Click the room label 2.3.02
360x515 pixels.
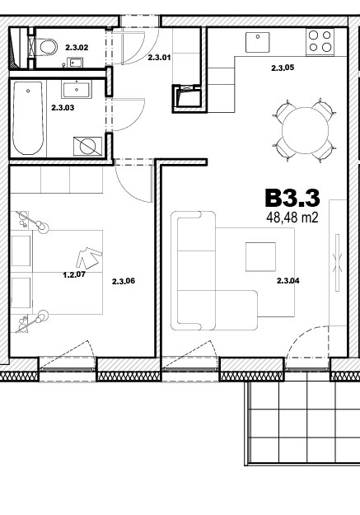coord(77,48)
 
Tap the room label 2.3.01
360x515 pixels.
coord(159,58)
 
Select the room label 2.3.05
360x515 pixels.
coord(283,68)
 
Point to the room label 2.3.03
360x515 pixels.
coord(63,107)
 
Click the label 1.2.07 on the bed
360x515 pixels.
coord(74,274)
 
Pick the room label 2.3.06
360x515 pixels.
coord(124,281)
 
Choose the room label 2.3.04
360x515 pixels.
coord(288,281)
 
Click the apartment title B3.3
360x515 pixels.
coord(292,198)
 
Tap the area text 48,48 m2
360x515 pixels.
coord(292,217)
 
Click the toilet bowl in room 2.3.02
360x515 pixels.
coord(48,47)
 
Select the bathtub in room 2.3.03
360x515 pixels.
coord(28,118)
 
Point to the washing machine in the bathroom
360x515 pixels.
coord(87,146)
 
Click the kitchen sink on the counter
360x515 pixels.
coord(258,42)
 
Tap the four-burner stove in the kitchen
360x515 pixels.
coord(320,42)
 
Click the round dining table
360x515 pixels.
coord(305,130)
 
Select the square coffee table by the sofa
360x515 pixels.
coord(261,257)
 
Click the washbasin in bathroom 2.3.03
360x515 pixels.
coord(77,89)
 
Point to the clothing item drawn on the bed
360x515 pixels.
coord(89,258)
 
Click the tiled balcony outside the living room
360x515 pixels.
coord(302,423)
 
